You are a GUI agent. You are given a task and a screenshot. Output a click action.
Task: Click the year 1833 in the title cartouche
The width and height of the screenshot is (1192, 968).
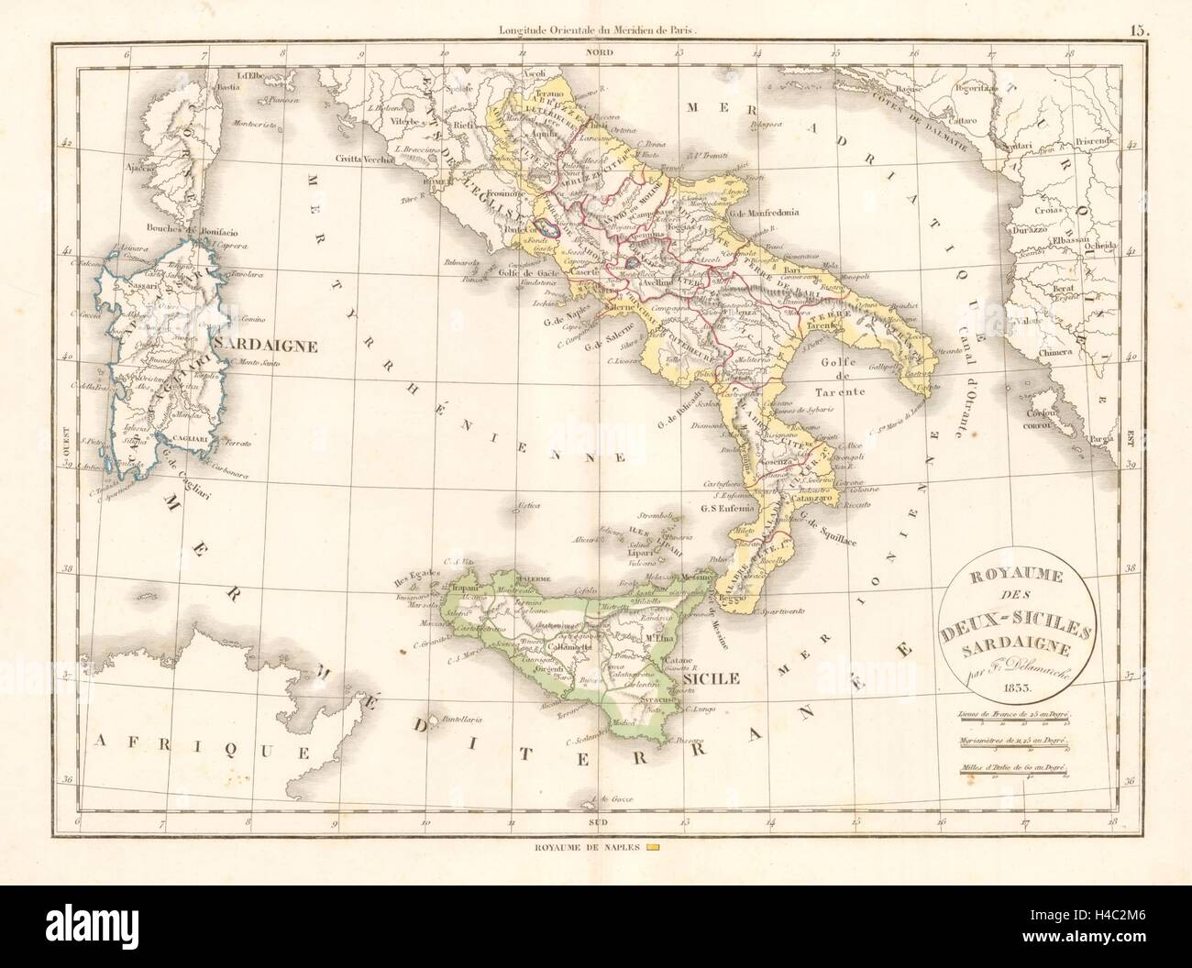point(1010,686)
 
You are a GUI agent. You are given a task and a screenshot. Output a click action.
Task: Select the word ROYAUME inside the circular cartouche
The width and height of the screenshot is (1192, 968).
point(1010,578)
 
